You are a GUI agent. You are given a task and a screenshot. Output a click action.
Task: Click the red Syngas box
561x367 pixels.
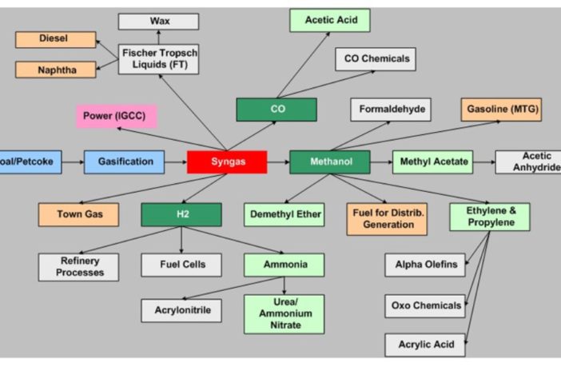[227, 162]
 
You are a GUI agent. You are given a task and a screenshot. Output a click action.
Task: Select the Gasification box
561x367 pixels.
[125, 162]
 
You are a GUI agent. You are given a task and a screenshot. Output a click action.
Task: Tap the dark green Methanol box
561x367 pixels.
[329, 162]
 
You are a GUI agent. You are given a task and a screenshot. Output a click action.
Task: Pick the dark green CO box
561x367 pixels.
[277, 110]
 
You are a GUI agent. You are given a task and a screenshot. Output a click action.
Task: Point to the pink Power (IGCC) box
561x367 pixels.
[117, 116]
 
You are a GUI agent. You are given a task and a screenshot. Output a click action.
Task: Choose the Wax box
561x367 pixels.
[158, 22]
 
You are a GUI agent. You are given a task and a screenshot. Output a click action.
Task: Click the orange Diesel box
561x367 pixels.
[55, 39]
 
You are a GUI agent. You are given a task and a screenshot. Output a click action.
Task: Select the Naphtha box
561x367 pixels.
[55, 70]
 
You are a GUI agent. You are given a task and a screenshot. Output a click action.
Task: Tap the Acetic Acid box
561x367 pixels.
[330, 20]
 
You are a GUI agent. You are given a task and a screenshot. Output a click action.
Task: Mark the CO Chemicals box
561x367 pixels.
[376, 58]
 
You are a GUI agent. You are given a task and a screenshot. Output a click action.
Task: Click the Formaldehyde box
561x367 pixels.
[391, 110]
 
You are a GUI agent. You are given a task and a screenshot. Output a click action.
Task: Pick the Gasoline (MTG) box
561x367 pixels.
[501, 110]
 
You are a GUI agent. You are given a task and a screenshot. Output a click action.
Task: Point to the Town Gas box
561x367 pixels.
[78, 214]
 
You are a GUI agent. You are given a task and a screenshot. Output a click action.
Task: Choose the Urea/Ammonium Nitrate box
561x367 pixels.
[284, 314]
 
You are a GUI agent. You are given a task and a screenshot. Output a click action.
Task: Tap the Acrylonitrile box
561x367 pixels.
[181, 310]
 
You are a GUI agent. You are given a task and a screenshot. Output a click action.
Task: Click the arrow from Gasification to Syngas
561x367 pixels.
[176, 162]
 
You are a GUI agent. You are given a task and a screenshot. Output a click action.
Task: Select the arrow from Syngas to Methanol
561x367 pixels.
[277, 162]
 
